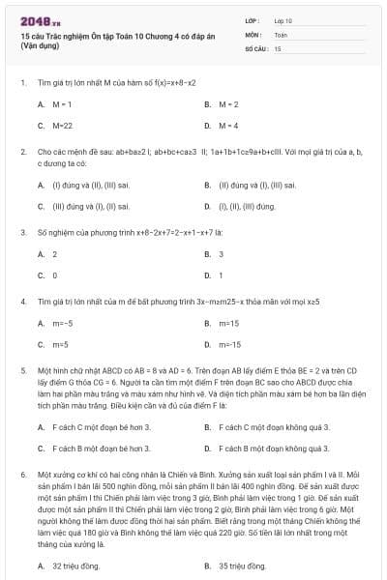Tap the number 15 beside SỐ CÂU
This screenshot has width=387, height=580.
tap(278, 47)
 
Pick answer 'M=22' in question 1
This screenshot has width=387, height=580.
tap(62, 125)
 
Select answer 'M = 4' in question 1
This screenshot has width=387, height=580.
tap(228, 125)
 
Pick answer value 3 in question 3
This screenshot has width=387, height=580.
tap(221, 254)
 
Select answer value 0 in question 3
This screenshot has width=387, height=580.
tap(54, 275)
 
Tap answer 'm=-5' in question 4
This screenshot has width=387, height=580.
tap(62, 323)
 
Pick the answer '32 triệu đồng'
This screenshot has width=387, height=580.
tap(76, 565)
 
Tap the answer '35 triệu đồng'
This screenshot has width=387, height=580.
tap(242, 565)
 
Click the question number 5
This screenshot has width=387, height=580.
tap(22, 370)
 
